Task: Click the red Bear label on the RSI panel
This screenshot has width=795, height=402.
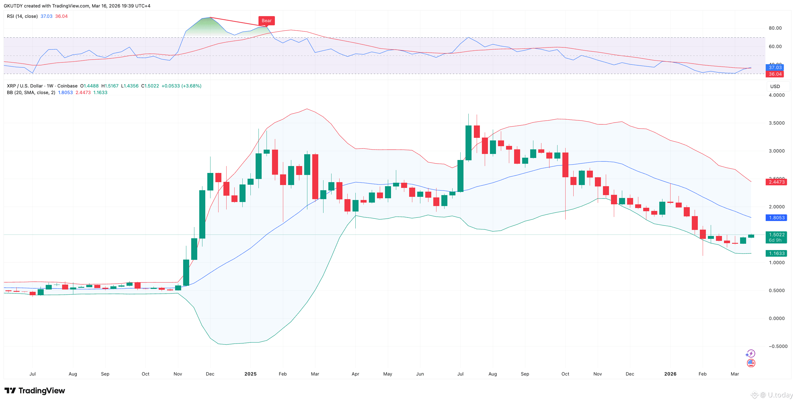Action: [x=266, y=21]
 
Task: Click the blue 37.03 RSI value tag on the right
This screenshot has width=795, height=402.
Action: [x=775, y=67]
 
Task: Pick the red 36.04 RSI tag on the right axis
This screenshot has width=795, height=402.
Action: [x=775, y=74]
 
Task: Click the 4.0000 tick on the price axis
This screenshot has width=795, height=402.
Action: [x=777, y=95]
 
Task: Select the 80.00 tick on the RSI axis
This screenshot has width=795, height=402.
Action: [x=775, y=28]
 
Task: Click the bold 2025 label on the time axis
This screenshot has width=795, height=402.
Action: [x=250, y=374]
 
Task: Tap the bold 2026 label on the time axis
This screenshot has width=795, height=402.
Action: [x=670, y=374]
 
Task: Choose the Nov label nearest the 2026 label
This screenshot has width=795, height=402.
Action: [x=597, y=374]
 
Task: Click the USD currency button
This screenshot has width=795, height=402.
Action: [x=775, y=86]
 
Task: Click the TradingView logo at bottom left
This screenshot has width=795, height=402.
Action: [x=35, y=390]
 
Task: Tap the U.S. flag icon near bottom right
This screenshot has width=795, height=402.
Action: [x=751, y=363]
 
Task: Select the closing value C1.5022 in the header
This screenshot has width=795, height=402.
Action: [x=150, y=86]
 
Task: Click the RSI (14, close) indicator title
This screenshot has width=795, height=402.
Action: [x=22, y=16]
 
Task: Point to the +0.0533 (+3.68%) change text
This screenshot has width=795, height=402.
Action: [x=181, y=86]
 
